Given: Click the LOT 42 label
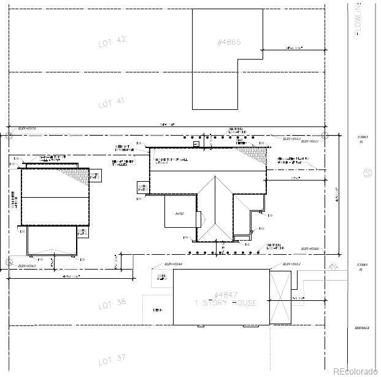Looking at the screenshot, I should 112,42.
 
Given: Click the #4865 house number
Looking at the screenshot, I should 228,43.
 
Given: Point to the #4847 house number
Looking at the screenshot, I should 225,295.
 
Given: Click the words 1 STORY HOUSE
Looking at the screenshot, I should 225,303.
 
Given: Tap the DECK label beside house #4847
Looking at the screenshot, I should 157,310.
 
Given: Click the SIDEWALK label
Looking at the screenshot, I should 361,328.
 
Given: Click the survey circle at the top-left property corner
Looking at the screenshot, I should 9,135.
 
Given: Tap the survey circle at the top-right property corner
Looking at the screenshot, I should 325,135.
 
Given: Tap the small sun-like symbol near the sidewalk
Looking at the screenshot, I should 333,266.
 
